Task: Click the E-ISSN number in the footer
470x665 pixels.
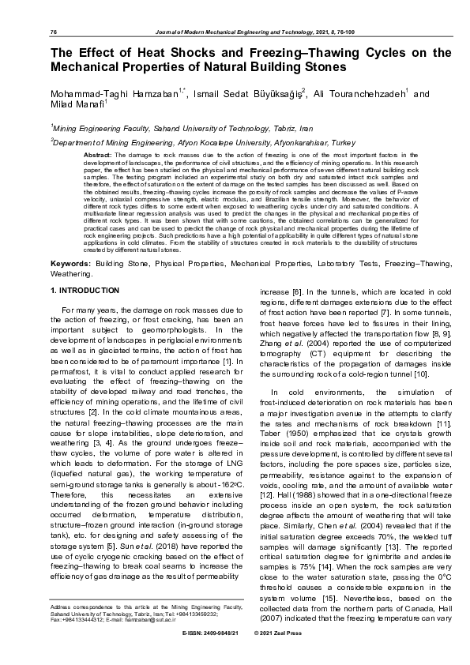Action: [209, 656]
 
